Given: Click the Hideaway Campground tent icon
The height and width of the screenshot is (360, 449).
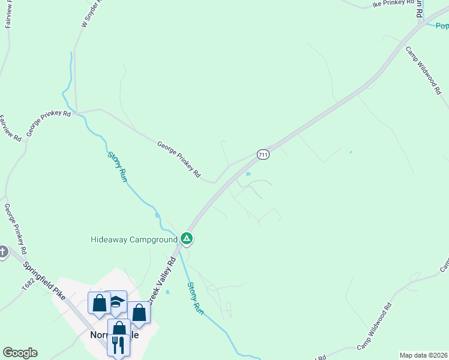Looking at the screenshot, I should click(187, 239).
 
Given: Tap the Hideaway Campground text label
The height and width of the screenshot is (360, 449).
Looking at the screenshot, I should click(133, 239).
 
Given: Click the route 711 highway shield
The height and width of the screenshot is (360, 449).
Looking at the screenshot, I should click(262, 154).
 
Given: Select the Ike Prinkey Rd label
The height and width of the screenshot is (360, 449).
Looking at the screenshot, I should click(393, 4).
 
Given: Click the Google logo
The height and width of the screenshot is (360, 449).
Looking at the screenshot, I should click(20, 353).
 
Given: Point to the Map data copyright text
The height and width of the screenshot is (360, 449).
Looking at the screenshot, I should click(423, 355).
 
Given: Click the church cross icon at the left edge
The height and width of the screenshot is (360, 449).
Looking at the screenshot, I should click(2, 252).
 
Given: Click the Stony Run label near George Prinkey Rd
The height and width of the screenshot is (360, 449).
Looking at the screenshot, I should click(118, 167).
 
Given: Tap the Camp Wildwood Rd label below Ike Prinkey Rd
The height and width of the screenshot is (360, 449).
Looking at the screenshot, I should click(423, 71).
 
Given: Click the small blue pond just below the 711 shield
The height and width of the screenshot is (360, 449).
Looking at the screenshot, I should click(249, 175).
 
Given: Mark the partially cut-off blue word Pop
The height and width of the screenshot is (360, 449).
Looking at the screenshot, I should click(442, 26).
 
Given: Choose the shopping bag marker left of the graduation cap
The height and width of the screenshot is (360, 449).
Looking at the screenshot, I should click(99, 302).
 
